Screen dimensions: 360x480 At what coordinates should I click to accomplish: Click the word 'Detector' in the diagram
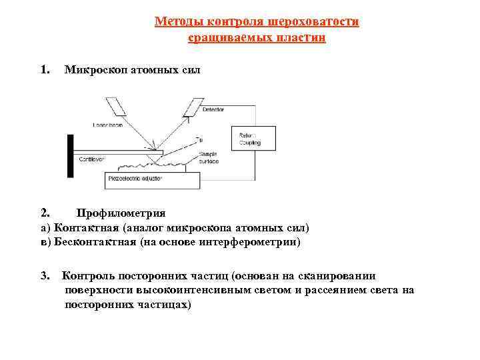tap(213, 109)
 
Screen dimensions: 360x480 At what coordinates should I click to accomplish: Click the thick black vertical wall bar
tap(70, 155)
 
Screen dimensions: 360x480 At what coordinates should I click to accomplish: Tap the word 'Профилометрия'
tap(121, 213)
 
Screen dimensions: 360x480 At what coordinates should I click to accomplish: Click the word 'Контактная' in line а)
tap(85, 228)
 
